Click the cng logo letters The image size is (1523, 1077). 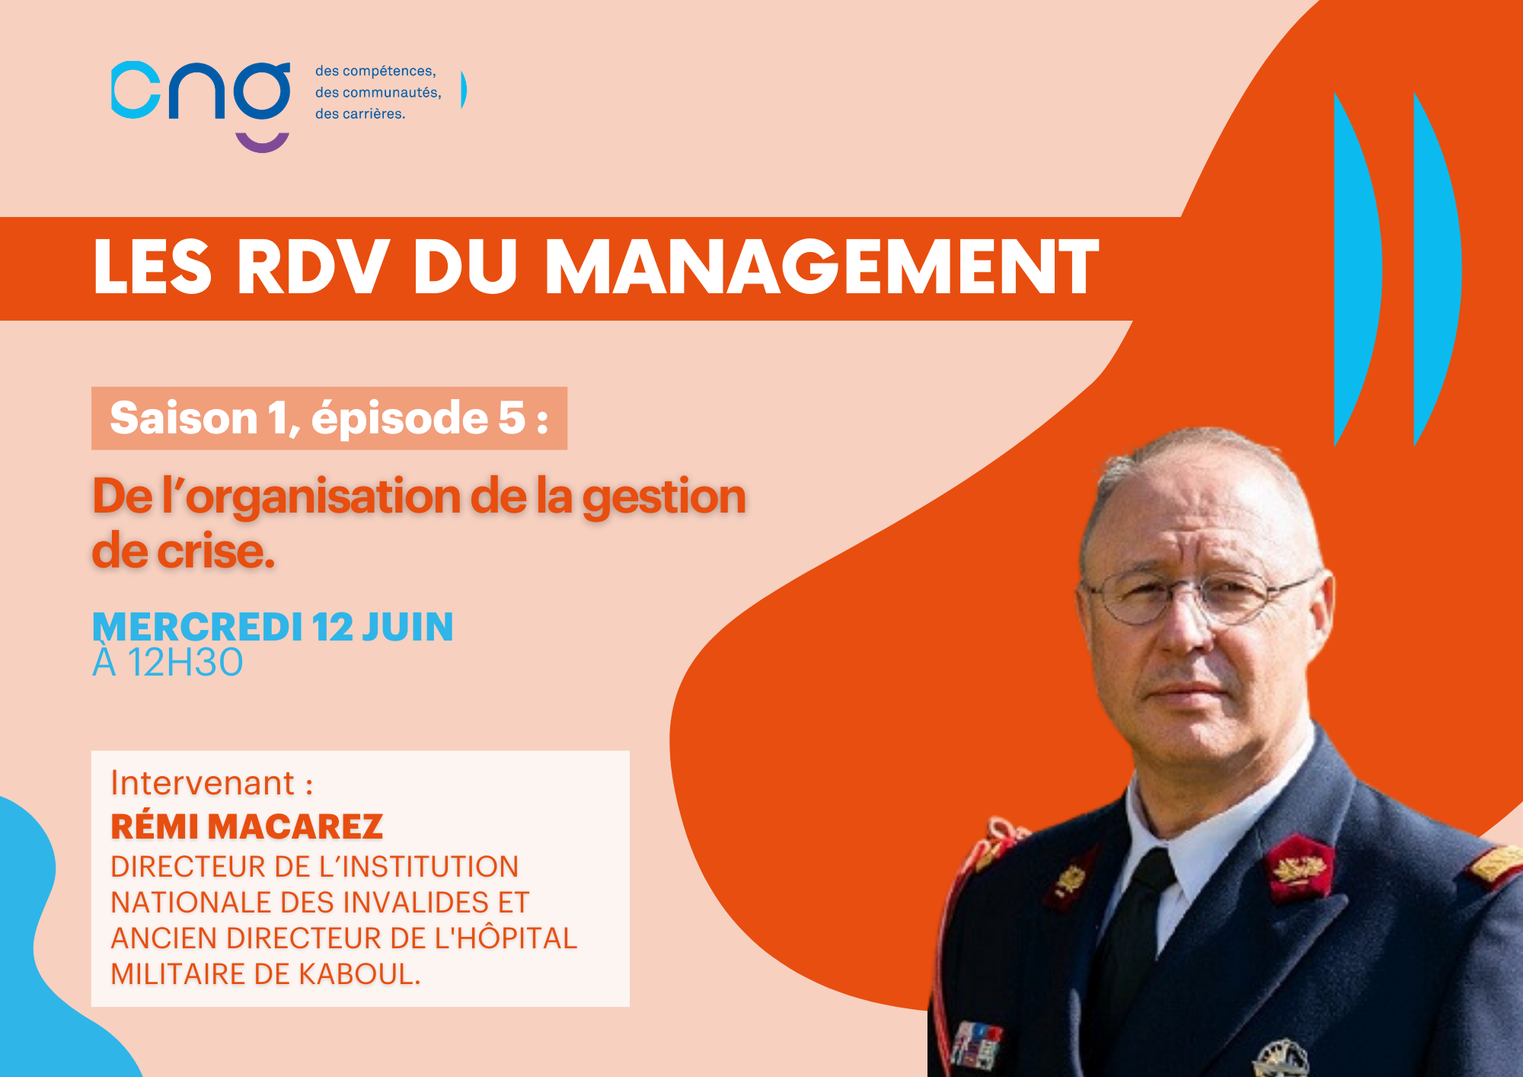point(201,91)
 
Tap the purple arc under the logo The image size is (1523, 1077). point(263,143)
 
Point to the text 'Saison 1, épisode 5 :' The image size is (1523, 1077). point(329,418)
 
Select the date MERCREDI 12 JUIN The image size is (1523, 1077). point(273,628)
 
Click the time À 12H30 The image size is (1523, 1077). point(168,662)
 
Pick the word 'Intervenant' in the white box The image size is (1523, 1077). point(203,784)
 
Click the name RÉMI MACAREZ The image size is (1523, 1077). point(247,826)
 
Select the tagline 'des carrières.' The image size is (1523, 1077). point(360,114)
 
